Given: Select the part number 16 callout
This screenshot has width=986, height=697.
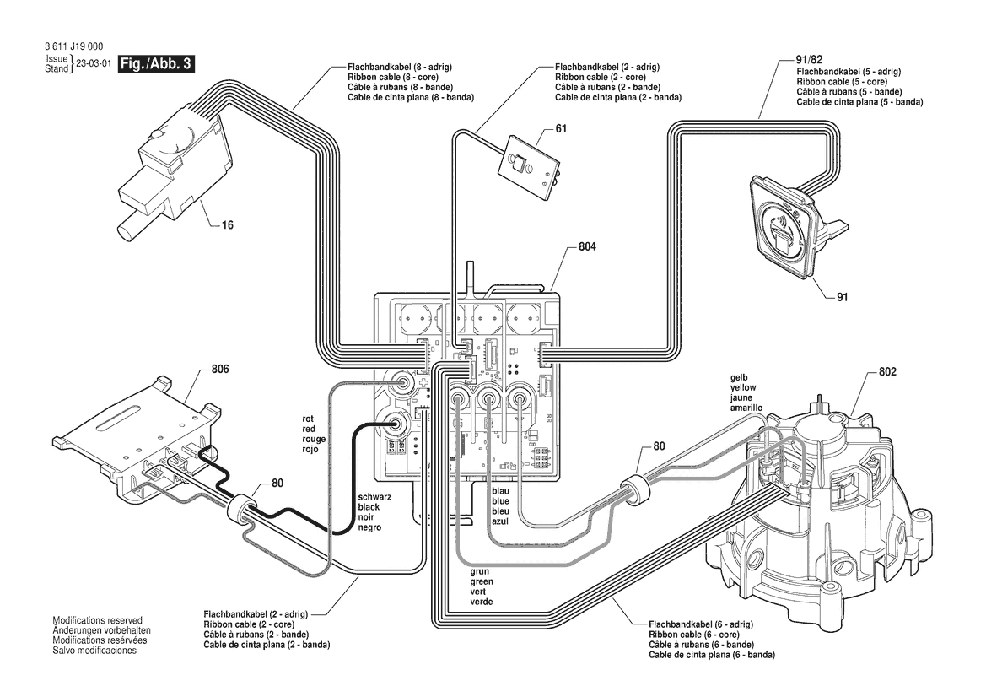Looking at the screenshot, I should coord(228,225).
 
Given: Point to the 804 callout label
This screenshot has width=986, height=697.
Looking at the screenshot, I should coord(588,247).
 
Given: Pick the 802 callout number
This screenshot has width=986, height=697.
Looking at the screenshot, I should coord(886,371).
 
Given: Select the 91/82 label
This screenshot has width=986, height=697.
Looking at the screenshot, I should coord(809,61).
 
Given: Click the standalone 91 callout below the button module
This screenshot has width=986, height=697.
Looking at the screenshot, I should coord(842,297).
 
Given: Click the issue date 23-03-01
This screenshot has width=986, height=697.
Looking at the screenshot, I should coord(94,65).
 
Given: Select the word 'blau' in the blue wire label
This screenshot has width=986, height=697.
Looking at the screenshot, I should coord(500,491).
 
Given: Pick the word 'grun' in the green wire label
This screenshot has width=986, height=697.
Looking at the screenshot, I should coord(480,572).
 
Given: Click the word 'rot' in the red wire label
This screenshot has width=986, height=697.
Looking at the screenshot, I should coord(308,419).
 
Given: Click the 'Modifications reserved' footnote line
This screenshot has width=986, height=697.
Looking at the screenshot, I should coord(97,620).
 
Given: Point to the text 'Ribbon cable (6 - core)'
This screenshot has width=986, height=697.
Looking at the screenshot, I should coord(694,635).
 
